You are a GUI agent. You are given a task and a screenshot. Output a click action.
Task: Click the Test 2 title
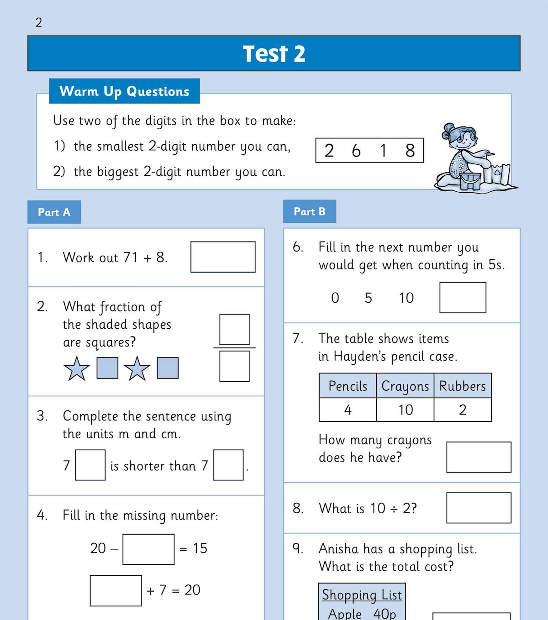274,54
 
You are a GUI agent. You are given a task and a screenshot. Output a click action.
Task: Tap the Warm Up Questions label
124,91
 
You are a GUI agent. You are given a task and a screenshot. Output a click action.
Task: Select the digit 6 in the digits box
356,151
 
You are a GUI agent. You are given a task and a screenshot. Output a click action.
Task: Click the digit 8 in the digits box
410,151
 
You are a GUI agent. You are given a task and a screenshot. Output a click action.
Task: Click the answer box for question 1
223,257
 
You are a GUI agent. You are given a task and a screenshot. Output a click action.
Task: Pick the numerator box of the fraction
234,329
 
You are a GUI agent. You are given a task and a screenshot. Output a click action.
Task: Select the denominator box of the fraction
234,366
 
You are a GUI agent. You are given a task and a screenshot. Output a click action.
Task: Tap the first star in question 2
77,368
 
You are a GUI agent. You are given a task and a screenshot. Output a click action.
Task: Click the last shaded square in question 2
168,368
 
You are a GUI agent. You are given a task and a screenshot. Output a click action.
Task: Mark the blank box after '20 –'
148,549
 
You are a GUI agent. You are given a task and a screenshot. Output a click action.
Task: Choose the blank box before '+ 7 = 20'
116,591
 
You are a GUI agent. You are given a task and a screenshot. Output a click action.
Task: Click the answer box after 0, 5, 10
463,298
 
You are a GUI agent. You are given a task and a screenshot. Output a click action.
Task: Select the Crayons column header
405,386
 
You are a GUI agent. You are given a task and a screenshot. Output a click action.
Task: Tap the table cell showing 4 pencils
348,410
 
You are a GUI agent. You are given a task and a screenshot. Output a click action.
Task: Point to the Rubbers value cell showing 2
463,410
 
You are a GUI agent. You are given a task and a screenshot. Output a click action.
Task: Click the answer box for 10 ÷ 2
479,508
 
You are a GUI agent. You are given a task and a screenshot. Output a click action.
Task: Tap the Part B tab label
310,211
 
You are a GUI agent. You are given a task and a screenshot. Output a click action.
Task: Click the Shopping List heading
362,594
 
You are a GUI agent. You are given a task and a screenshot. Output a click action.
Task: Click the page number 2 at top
39,22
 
